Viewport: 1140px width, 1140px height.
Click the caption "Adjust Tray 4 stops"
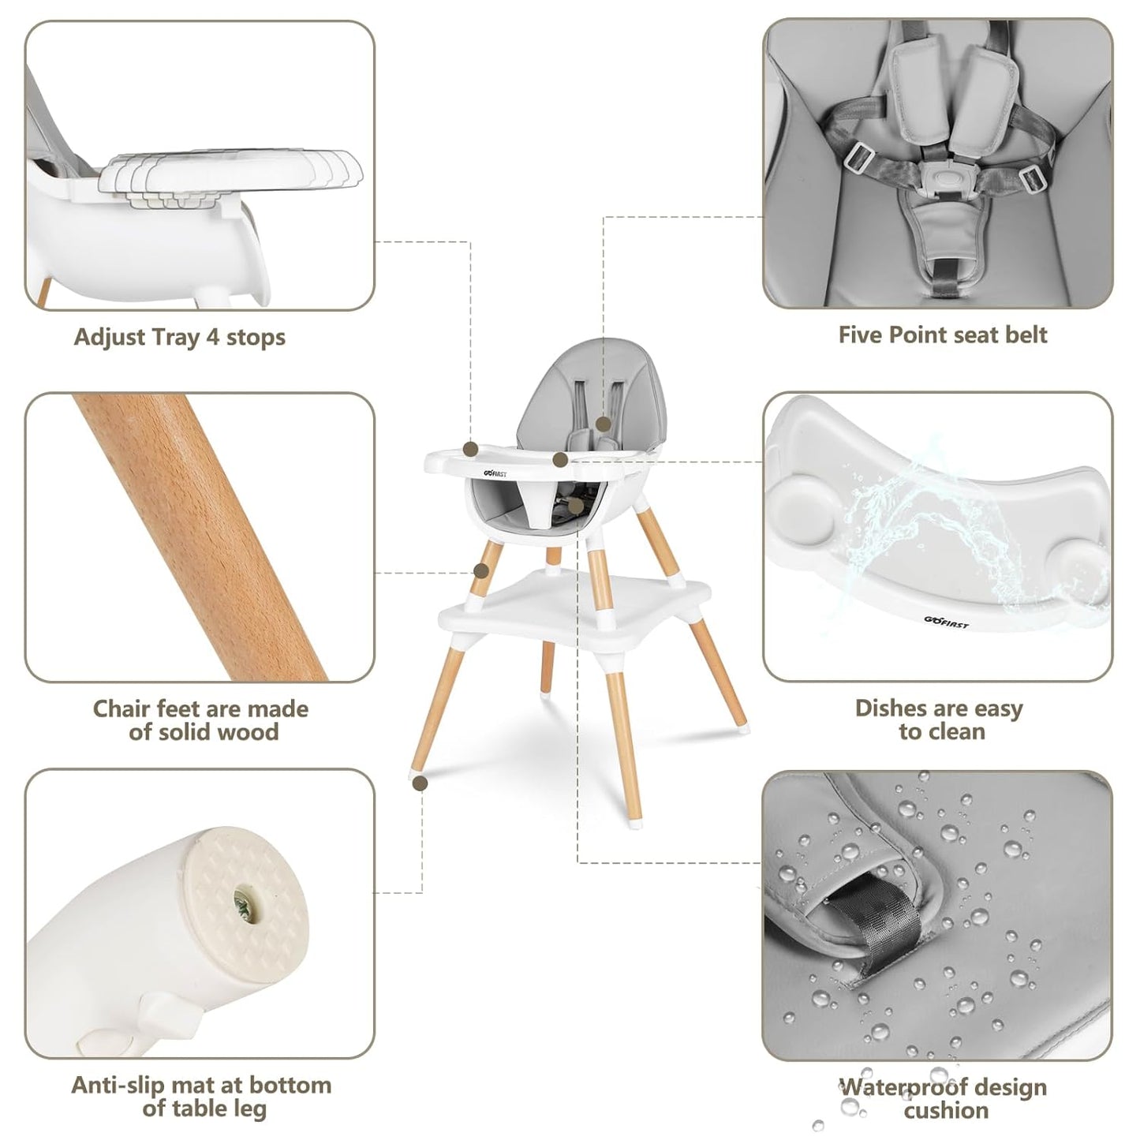click(180, 338)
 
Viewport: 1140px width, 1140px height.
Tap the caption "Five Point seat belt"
click(942, 335)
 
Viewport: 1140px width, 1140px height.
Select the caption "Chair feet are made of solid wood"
click(201, 720)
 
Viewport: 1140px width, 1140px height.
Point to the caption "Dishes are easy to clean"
click(939, 720)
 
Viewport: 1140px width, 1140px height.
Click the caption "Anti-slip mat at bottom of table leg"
click(202, 1097)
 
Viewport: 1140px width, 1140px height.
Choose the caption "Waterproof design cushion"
click(944, 1098)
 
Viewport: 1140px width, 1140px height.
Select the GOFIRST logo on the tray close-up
click(946, 622)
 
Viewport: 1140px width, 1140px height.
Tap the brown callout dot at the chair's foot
click(420, 783)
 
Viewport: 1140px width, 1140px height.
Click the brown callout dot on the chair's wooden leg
click(480, 570)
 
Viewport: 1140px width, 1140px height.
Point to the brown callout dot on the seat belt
click(604, 424)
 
